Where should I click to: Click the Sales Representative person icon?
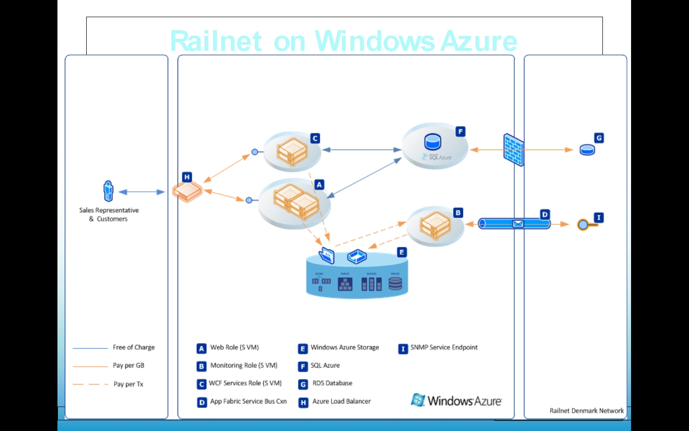click(109, 191)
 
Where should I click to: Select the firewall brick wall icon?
click(513, 150)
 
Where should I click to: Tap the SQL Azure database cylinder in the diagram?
click(433, 142)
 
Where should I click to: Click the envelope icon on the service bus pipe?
click(518, 223)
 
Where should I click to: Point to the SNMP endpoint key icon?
click(585, 224)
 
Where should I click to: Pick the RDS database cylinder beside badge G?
click(587, 150)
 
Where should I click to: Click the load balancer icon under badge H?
click(187, 191)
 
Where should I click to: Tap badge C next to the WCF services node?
click(315, 139)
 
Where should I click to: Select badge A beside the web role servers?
click(319, 185)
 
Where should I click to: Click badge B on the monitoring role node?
click(458, 212)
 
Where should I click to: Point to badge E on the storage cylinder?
click(402, 252)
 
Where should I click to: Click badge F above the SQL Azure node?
click(460, 131)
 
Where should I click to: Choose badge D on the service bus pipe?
click(545, 214)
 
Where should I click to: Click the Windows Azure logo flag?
click(418, 400)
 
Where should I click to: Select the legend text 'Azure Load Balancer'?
click(341, 401)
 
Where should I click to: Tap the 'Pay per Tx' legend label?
click(128, 384)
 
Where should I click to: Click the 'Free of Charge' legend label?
click(134, 347)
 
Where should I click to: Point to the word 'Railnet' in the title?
click(216, 41)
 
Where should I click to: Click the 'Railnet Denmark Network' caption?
click(587, 410)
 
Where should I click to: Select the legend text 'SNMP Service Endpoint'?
click(444, 347)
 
